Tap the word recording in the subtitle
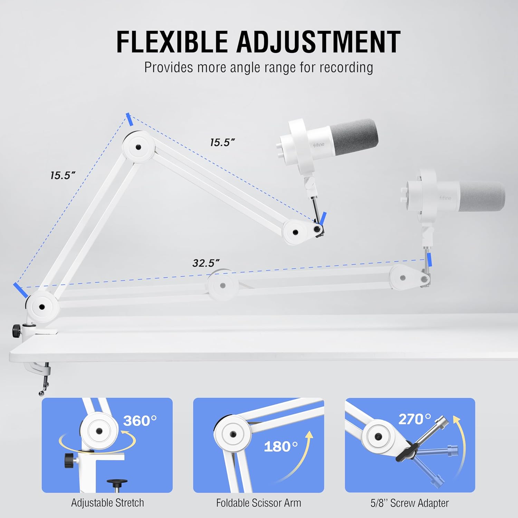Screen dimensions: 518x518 [346, 67]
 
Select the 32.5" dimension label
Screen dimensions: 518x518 [206, 263]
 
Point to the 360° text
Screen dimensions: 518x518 [140, 421]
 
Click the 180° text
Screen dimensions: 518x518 [280, 447]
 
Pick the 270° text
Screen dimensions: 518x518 [415, 419]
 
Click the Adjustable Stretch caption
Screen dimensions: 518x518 [107, 503]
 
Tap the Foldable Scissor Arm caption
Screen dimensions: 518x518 [259, 503]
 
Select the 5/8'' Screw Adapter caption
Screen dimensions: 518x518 [410, 503]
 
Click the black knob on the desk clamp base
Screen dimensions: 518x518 [16, 331]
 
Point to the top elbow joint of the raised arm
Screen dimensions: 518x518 [138, 147]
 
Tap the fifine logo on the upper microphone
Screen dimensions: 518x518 [319, 145]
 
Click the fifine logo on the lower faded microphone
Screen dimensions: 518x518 [445, 198]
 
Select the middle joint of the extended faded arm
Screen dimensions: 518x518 [223, 285]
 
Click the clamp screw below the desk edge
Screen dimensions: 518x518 [44, 382]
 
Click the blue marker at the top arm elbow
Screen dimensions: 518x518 [129, 119]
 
